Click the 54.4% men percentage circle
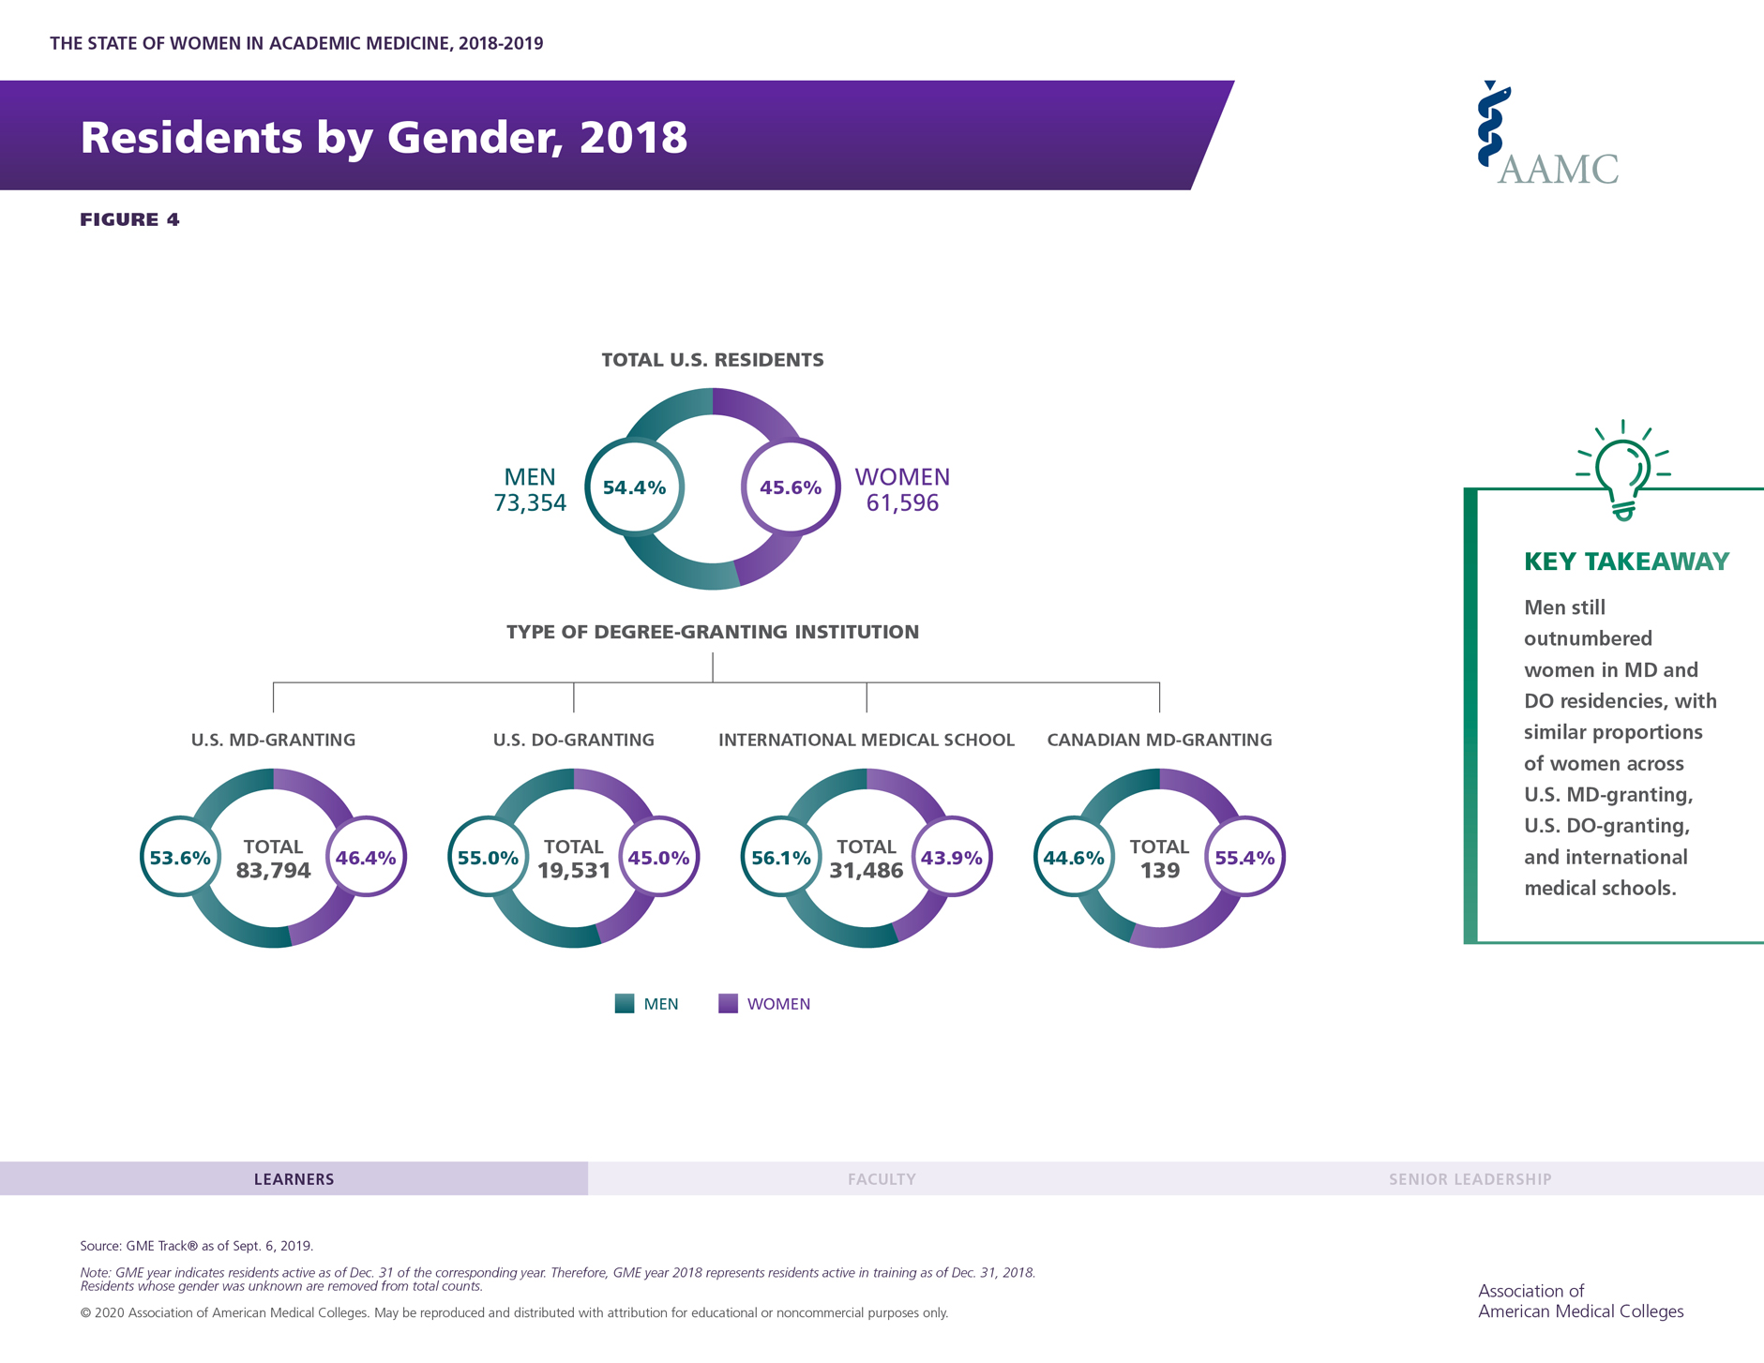click(635, 487)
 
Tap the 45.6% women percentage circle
click(791, 487)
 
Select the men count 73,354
click(530, 503)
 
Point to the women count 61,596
click(902, 503)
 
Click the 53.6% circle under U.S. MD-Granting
click(180, 858)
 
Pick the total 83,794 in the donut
click(273, 871)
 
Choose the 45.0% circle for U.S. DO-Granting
click(658, 858)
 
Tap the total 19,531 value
click(574, 871)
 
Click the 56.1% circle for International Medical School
click(781, 858)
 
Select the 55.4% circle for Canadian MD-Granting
click(1244, 858)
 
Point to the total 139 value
click(1159, 871)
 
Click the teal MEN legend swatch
click(625, 1004)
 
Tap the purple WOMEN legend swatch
click(728, 1004)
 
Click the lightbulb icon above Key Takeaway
click(1623, 472)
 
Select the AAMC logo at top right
click(1547, 135)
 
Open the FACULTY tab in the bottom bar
click(882, 1179)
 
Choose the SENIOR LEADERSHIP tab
click(1470, 1179)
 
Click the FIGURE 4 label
click(129, 219)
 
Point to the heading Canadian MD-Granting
click(1159, 740)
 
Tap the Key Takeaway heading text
click(1626, 562)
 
